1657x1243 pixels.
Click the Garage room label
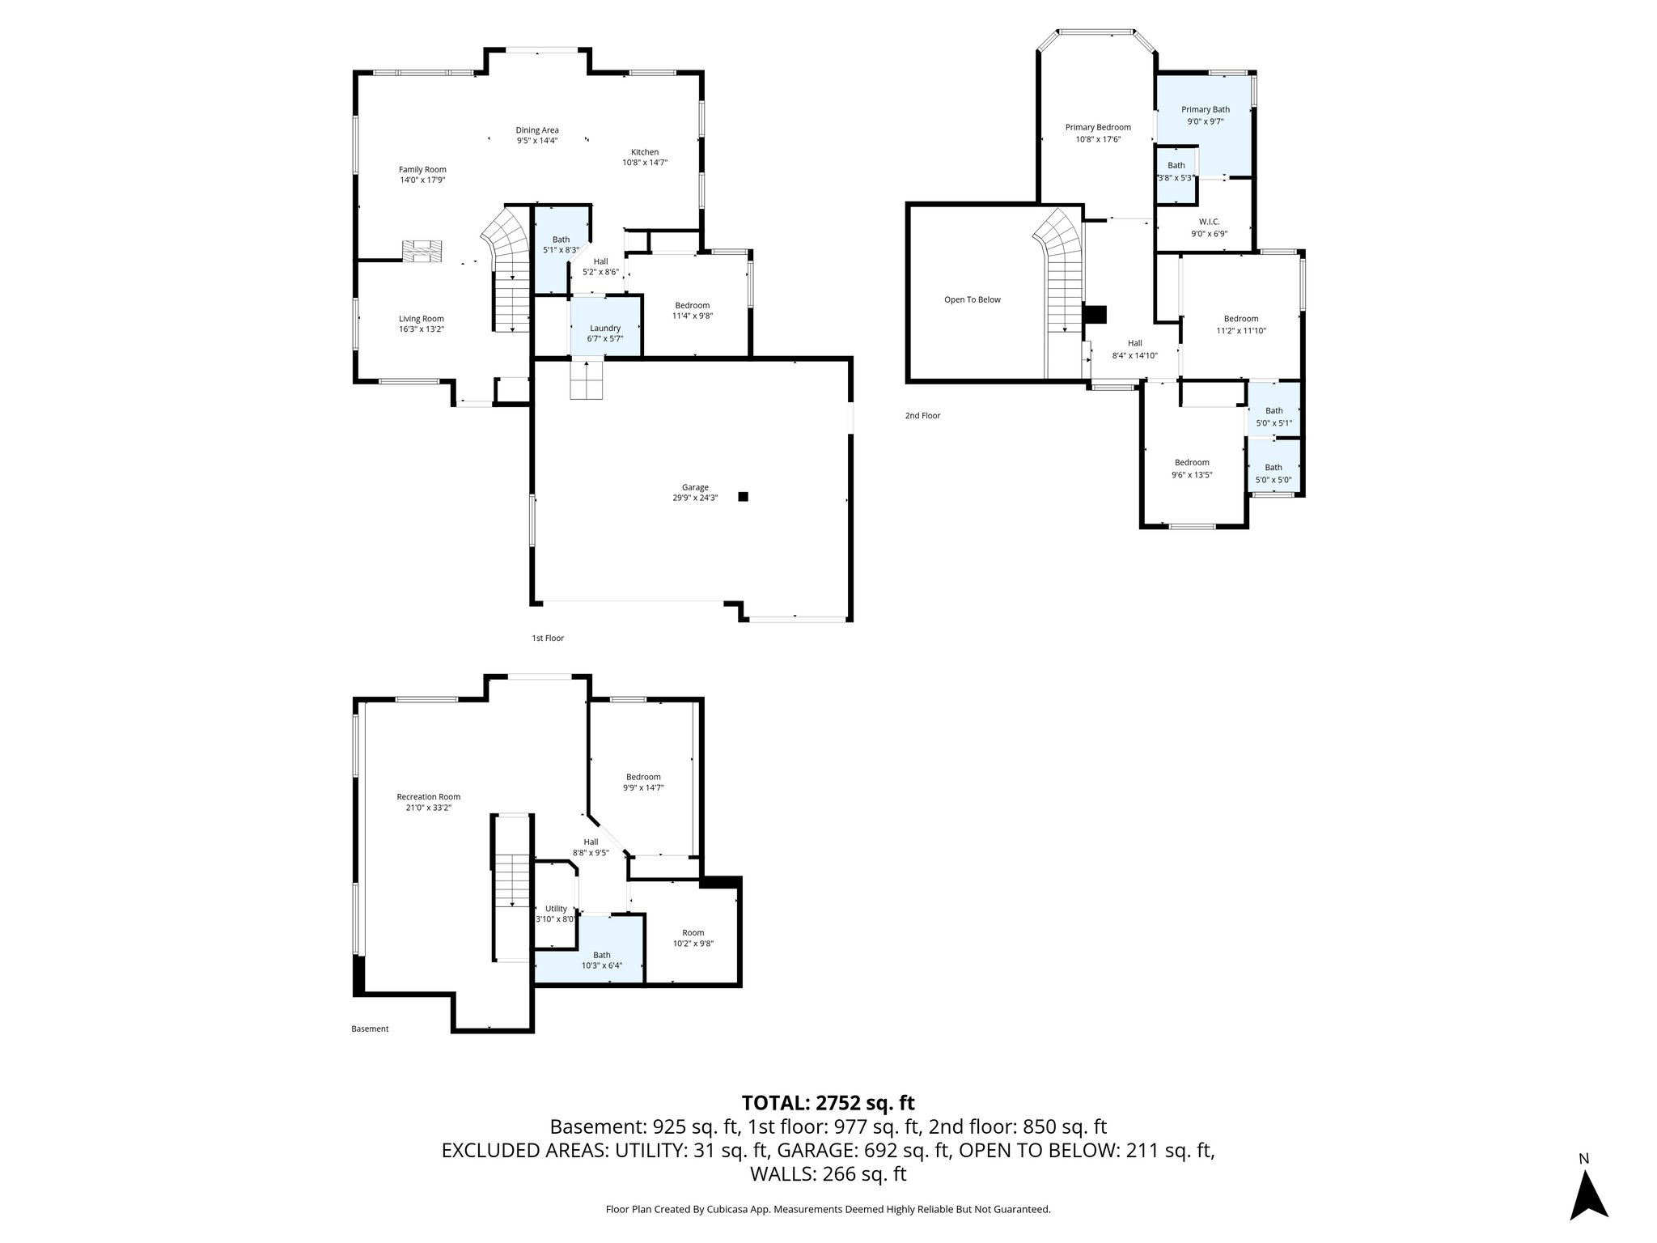tap(694, 487)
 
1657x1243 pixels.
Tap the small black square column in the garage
tap(743, 497)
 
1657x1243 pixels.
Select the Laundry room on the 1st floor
tap(605, 328)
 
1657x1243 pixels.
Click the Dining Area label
tap(537, 130)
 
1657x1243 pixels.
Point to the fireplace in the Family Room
tap(423, 251)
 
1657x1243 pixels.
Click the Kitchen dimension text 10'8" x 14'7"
tap(644, 163)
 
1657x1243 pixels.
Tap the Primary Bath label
tap(1205, 110)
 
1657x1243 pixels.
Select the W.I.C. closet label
tap(1209, 222)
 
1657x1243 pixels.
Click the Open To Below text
tap(972, 300)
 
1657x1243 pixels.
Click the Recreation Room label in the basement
tap(428, 797)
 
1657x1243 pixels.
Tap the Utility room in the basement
tap(556, 909)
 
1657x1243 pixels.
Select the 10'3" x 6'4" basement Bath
tap(601, 960)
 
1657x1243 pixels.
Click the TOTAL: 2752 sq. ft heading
tap(828, 1103)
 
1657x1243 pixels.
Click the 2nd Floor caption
tap(922, 416)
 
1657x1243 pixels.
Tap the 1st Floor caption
tap(548, 638)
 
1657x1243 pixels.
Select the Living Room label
tap(421, 319)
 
